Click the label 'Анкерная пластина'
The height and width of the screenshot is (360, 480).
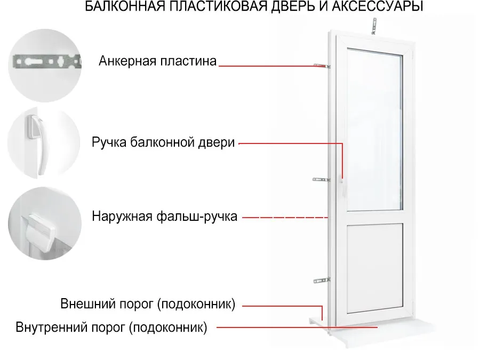coord(157,61)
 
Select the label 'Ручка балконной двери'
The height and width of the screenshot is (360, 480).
coord(163,142)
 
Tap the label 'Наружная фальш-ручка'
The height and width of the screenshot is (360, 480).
coord(164,217)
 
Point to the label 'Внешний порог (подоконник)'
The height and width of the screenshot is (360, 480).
coord(148,304)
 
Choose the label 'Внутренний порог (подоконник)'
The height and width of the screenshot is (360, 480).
coord(111,327)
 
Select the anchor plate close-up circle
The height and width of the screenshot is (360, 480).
coord(45,65)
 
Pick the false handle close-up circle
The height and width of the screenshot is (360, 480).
coord(45,223)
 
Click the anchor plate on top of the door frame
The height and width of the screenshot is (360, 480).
coord(374,26)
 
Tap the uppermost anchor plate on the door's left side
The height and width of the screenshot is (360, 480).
coord(322,66)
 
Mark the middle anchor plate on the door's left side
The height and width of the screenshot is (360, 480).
coord(321,179)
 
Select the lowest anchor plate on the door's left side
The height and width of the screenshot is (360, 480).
coord(322,280)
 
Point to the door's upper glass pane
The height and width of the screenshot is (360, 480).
coord(375,130)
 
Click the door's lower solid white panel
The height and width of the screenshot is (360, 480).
coord(375,268)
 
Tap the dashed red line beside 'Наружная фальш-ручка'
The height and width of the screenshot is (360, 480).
coord(285,218)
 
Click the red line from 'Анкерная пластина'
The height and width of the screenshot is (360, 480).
coord(273,66)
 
